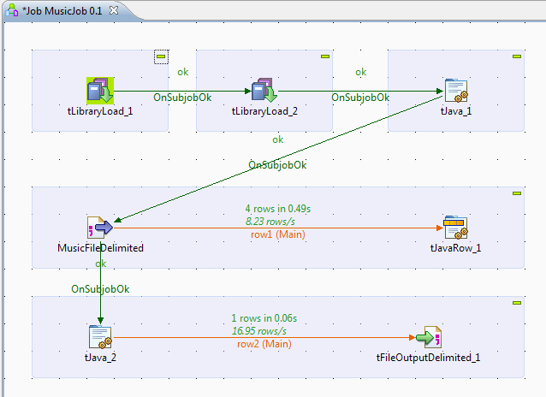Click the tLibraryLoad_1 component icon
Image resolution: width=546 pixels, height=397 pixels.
[x=100, y=91]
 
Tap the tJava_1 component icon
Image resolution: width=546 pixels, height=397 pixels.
[x=455, y=91]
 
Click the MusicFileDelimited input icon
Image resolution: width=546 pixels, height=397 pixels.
[x=100, y=228]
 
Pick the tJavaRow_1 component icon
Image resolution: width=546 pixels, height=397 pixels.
[x=454, y=228]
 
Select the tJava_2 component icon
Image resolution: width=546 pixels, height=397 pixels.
[x=100, y=337]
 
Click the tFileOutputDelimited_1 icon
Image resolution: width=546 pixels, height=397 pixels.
[x=428, y=337]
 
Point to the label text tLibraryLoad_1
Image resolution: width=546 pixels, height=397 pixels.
[x=100, y=111]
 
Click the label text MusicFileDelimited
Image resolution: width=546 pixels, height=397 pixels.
[x=100, y=248]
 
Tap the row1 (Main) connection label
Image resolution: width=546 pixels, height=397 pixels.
[x=277, y=234]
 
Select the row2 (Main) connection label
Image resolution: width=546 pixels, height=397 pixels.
[x=264, y=343]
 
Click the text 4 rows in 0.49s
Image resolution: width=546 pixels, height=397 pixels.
[x=277, y=208]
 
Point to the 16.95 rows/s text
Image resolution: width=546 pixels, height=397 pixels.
[x=259, y=330]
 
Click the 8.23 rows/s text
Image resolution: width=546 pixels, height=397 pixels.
[x=271, y=221]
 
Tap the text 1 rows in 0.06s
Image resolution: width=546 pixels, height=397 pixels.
[x=264, y=317]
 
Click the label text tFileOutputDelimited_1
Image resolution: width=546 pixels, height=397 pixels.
[x=428, y=358]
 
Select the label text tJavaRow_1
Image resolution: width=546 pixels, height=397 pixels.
[x=454, y=248]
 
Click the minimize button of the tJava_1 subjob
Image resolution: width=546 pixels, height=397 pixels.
[x=516, y=56]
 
